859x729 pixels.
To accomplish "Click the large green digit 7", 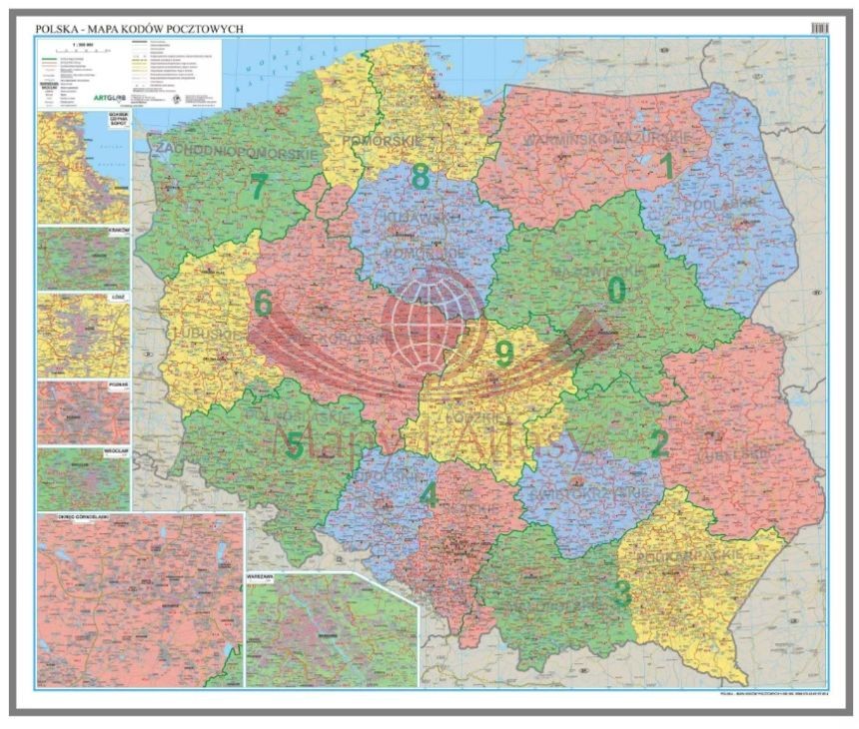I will tap(259, 187).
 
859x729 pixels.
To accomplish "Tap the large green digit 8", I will tap(421, 177).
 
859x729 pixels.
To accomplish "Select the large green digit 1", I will tap(667, 166).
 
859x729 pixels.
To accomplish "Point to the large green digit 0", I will tap(617, 290).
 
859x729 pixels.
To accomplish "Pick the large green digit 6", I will tap(263, 303).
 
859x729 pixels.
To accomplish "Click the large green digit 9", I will tap(504, 353).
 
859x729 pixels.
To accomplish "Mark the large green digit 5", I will tap(295, 445).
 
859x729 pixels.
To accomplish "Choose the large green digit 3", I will tap(622, 593).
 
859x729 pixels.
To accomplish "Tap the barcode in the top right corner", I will tap(819, 29).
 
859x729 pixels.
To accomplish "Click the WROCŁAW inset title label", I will tap(116, 449).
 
